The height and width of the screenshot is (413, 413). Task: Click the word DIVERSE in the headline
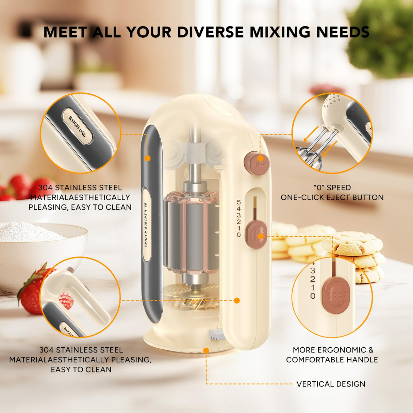pyautogui.click(x=210, y=32)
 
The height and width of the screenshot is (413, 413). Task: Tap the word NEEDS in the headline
pyautogui.click(x=343, y=32)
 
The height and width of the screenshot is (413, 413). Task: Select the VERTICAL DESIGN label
pyautogui.click(x=331, y=384)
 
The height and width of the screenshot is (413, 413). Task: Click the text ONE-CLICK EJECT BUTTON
pyautogui.click(x=332, y=197)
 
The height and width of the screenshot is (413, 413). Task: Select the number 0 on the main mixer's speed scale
pyautogui.click(x=238, y=235)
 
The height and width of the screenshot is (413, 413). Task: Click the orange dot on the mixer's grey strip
pyautogui.click(x=147, y=158)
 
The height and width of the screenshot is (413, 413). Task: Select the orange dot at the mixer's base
pyautogui.click(x=206, y=350)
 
